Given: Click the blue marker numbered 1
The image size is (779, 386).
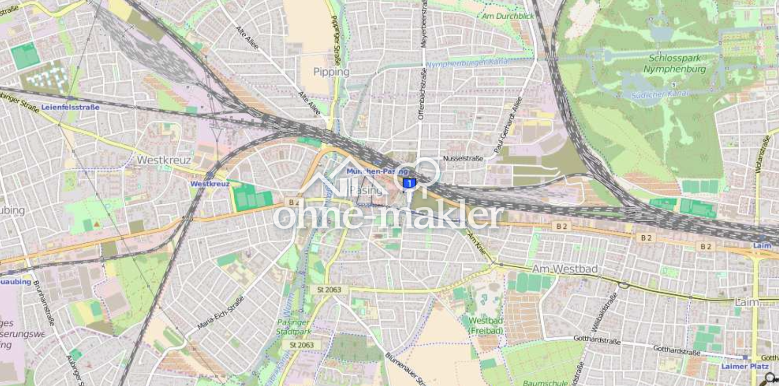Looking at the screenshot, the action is click(x=410, y=183).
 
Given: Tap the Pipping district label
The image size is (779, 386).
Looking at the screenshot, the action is click(x=331, y=72).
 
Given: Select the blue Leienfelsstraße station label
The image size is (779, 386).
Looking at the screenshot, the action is click(x=70, y=107).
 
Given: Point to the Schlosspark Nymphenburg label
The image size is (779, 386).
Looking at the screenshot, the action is click(x=674, y=63).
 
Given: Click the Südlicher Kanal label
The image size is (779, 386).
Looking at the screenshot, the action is click(x=659, y=94).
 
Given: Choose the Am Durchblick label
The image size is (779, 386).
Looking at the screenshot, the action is click(x=508, y=16).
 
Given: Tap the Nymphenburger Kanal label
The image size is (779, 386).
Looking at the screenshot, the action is click(x=467, y=62).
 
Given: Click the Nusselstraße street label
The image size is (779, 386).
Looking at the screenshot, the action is click(x=463, y=159).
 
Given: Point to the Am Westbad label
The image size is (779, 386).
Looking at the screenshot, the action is click(x=565, y=269).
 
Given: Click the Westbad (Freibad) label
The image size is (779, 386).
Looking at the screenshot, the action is click(x=486, y=325).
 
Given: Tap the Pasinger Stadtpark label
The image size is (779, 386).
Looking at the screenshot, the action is click(x=293, y=327).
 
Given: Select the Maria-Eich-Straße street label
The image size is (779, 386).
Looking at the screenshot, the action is click(x=220, y=313).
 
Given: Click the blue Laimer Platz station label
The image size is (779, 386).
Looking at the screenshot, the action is click(x=745, y=366).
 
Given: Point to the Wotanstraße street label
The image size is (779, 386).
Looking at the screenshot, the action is click(x=763, y=154).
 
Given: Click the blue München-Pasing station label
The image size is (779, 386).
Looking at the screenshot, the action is click(x=377, y=171).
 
